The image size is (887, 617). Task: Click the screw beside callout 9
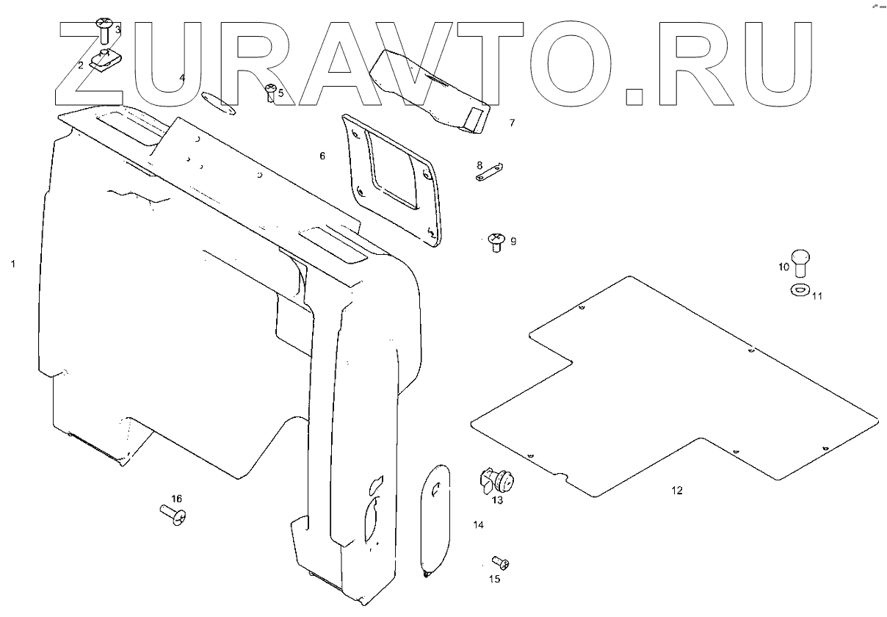coord(496,242)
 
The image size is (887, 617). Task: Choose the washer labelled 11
coord(799,290)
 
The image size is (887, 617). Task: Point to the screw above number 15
coord(502,563)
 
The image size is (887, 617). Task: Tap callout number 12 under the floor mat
coord(676,490)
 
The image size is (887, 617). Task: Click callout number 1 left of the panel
coord(12,263)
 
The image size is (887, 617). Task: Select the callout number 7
coord(512,123)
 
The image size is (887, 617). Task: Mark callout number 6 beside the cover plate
coord(322,156)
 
